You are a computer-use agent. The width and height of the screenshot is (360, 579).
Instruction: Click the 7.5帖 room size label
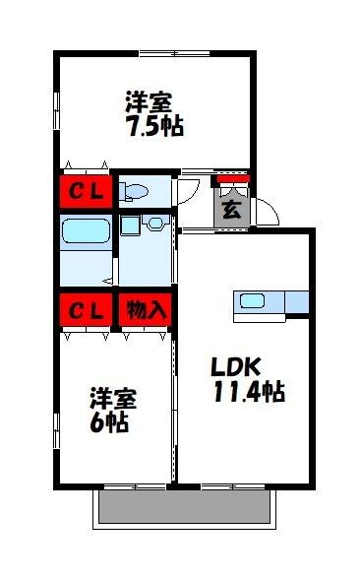point(155,126)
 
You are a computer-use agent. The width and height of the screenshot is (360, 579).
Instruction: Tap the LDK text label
point(236,366)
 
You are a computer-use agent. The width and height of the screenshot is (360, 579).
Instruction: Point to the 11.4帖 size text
point(249,392)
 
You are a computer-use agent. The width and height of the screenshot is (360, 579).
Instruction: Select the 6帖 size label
point(109,421)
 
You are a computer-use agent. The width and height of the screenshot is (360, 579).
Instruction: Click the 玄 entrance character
point(232,210)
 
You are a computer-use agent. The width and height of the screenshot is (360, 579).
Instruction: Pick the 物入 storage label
point(146,310)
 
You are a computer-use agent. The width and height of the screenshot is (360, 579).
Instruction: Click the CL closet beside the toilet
point(86,191)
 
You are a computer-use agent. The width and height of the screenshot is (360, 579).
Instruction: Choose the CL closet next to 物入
point(86,310)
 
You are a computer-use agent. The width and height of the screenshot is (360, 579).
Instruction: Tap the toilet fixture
point(133,191)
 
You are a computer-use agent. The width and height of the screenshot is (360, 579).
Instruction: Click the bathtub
point(86,231)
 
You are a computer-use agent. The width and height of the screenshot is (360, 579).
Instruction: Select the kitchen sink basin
point(252,301)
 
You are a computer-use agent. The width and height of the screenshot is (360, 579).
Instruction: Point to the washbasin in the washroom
point(156,223)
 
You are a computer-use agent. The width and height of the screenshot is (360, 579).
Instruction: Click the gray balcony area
point(185,506)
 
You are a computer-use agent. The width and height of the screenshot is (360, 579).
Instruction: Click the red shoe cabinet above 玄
point(233,179)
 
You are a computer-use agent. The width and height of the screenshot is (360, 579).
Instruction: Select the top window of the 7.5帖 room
point(175,53)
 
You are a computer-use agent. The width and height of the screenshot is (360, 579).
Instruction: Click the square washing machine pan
point(130,225)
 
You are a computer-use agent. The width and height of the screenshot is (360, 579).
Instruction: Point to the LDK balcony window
point(233,486)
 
